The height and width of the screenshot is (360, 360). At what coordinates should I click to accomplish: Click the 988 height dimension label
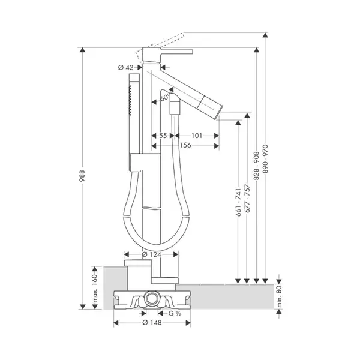[82, 176]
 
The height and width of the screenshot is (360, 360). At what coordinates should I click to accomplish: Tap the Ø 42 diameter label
[125, 67]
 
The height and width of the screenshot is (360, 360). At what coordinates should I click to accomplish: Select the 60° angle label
[164, 97]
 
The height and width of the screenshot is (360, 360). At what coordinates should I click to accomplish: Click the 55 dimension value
[163, 136]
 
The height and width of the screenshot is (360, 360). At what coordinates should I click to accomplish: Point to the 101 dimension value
[197, 136]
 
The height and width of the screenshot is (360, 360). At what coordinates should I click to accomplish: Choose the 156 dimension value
[185, 145]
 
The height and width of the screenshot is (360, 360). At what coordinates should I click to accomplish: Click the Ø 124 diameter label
[151, 254]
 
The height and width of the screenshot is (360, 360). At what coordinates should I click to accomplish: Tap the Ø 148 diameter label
[152, 323]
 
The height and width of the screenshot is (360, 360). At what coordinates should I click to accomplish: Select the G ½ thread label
[175, 313]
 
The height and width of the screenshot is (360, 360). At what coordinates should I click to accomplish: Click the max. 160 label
[95, 288]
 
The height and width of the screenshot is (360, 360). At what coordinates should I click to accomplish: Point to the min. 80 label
[279, 296]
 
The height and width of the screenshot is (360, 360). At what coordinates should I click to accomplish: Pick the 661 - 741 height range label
[238, 202]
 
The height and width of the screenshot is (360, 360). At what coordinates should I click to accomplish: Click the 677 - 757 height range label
[247, 199]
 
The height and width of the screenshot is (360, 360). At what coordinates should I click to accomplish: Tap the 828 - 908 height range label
[256, 166]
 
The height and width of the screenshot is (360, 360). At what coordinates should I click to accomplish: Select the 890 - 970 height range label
[265, 158]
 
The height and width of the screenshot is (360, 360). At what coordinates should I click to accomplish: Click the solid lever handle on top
[176, 52]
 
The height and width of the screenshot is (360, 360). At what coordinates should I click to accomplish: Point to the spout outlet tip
[219, 112]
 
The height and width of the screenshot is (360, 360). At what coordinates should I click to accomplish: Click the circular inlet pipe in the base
[151, 298]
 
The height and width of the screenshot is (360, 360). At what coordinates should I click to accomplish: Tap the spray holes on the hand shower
[130, 100]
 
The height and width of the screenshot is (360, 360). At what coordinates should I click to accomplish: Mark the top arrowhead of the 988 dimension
[82, 50]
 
